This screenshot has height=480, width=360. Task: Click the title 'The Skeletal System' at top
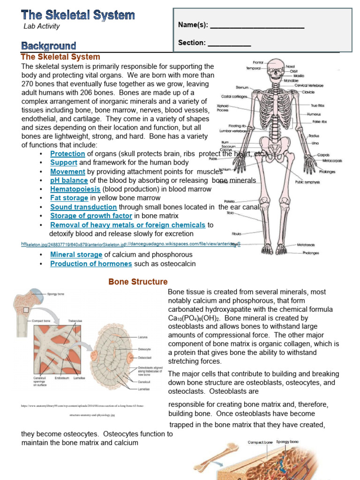tap(78, 15)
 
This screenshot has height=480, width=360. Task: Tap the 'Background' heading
tap(48, 45)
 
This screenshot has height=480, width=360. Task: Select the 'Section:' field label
tap(192, 43)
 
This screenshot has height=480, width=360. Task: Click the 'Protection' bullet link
tap(67, 154)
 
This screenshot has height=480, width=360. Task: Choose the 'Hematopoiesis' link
tap(75, 189)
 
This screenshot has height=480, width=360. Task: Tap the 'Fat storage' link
tap(69, 198)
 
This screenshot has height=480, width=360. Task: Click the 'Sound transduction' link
tap(83, 207)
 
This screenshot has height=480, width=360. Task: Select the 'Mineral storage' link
tap(76, 255)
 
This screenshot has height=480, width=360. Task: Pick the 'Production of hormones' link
tap(91, 264)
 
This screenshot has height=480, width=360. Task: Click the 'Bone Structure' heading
tap(138, 282)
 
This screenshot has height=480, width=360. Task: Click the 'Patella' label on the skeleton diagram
tap(229, 202)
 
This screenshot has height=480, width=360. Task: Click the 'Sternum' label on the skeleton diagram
tap(242, 87)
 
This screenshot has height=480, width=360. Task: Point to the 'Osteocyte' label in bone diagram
tap(144, 349)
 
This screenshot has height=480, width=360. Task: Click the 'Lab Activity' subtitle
tap(42, 26)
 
